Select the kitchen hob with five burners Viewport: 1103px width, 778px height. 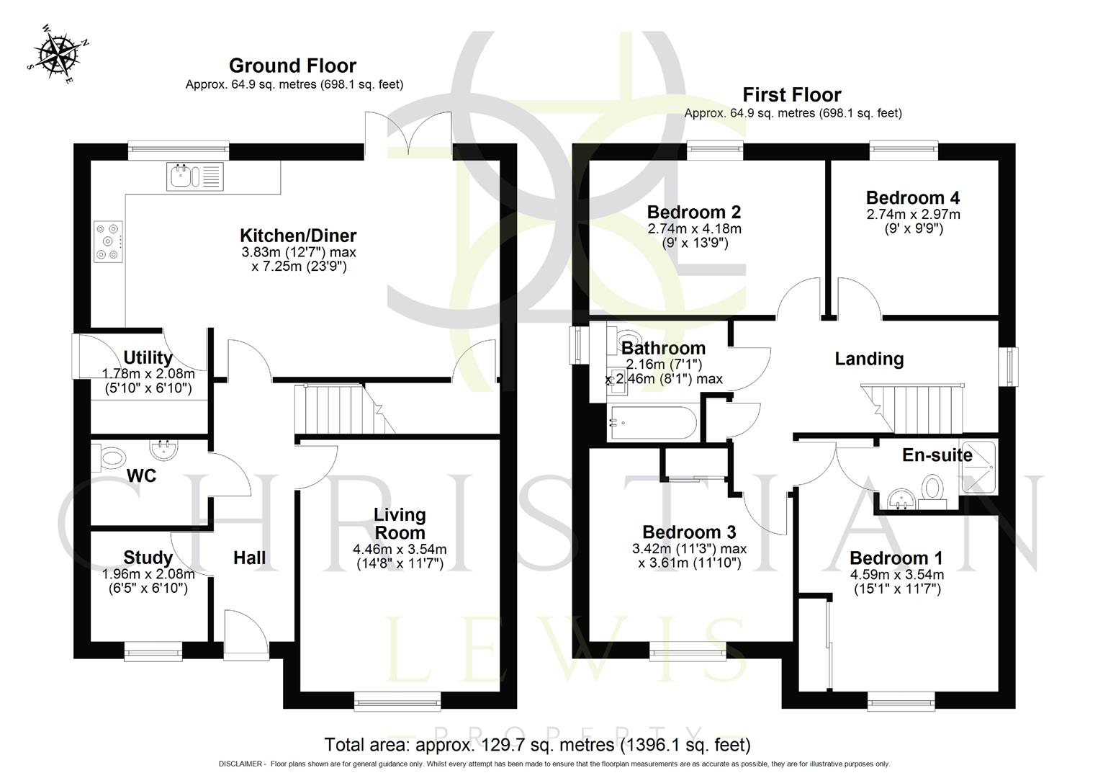109,241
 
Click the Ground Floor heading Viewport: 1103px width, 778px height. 292,66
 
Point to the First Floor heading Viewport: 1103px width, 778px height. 791,94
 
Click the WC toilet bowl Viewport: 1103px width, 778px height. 111,457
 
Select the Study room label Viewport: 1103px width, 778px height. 148,558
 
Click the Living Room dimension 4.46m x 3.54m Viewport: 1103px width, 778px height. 400,550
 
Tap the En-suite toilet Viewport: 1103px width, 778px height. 933,488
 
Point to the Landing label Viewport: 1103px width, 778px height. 868,359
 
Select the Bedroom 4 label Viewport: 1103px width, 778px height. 912,197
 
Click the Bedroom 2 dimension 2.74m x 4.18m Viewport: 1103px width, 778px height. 694,228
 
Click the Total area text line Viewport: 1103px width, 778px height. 537,744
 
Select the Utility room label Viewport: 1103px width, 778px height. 148,357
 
